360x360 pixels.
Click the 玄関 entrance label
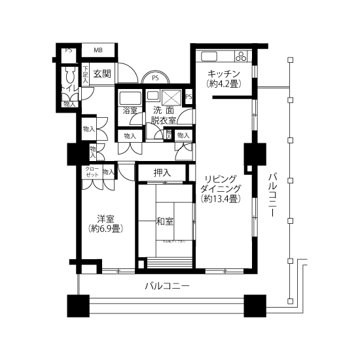(101, 73)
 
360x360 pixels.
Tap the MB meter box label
(97, 50)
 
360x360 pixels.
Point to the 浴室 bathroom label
(130, 111)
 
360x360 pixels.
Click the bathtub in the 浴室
(131, 97)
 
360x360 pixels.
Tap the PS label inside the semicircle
(155, 78)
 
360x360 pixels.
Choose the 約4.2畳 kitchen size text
(223, 84)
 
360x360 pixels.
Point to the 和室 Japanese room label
(164, 221)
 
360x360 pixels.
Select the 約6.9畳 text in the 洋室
(105, 228)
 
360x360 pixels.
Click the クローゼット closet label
(91, 172)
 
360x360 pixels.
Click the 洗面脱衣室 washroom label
(162, 115)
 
